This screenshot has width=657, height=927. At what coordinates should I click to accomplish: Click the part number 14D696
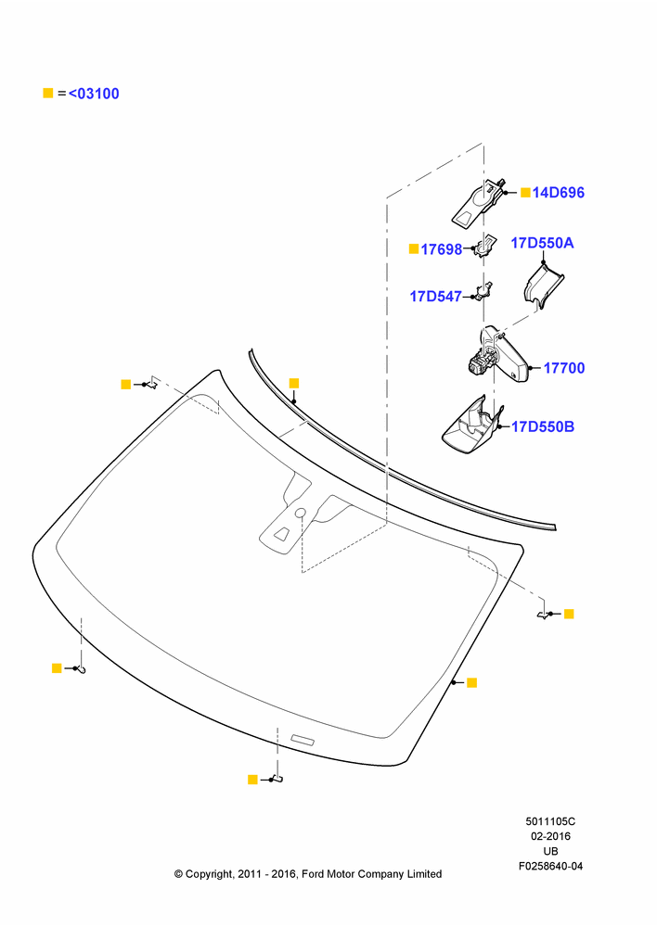pos(558,193)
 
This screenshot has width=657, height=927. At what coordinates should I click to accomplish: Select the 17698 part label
pos(441,249)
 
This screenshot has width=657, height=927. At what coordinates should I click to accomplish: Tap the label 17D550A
pos(542,243)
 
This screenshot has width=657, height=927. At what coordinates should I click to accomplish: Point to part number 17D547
pos(435,297)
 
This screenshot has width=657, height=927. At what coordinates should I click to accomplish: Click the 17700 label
pos(564,368)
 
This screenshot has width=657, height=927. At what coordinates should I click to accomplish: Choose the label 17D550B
pos(543,426)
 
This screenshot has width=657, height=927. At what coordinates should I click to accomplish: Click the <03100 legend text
pos(94,94)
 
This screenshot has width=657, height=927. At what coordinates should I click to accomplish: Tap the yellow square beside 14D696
pos(525,192)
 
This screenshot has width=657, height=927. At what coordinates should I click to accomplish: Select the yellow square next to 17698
pos(414,248)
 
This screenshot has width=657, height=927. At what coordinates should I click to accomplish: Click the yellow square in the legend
pos(48,93)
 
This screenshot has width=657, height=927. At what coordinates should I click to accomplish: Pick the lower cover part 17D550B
pos(471,425)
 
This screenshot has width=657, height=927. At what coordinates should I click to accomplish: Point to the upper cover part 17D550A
pos(544,286)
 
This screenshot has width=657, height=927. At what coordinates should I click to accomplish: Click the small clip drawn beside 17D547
pos(484,291)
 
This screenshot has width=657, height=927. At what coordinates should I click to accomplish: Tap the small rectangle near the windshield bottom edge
pos(303,739)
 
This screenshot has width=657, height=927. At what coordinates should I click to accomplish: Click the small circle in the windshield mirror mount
pos(300,513)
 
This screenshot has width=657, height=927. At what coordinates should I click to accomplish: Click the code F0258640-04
pos(550,866)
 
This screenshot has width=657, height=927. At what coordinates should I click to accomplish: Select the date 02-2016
pos(550,836)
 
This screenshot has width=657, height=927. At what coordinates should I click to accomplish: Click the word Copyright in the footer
pos(209,874)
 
